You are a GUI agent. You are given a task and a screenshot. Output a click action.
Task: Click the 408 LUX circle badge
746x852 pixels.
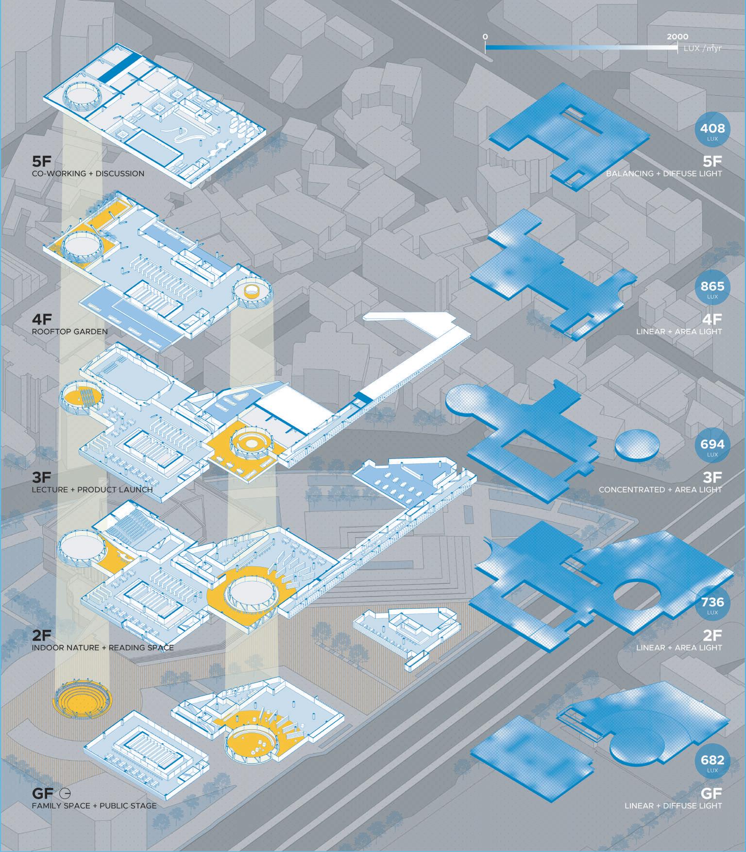coord(712,129)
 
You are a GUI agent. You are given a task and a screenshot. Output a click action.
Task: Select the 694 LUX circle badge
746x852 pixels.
coord(712,445)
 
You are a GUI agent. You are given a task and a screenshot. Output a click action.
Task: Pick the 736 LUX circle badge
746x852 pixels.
coord(712,603)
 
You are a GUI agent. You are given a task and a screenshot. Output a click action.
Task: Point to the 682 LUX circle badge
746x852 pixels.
coord(712,761)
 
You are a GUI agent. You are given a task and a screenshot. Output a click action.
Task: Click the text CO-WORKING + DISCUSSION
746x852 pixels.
coord(88,173)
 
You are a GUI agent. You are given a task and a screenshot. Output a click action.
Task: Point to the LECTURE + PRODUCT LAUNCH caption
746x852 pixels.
coord(92,490)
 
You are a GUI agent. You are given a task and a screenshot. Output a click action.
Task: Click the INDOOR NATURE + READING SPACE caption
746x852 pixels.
coord(102,648)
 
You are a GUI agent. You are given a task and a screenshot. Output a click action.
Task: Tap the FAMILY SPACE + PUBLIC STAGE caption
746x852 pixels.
coord(94,806)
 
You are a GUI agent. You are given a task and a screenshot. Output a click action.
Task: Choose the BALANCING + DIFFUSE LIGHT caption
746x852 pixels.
coord(664,173)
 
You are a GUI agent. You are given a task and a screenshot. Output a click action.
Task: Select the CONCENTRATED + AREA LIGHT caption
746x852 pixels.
coord(660,490)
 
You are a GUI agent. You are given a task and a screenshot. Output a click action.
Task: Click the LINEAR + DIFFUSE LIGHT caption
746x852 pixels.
coord(673,806)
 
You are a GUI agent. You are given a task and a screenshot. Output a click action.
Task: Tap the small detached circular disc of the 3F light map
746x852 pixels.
coord(638,442)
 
